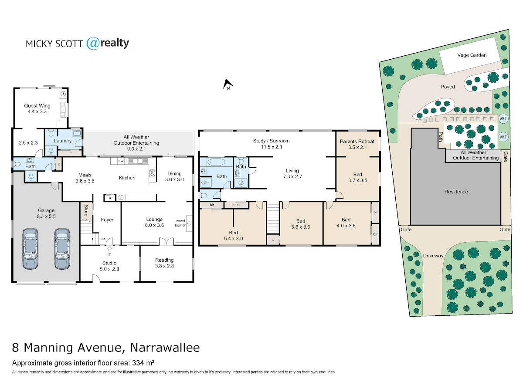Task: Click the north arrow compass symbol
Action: (x=228, y=84)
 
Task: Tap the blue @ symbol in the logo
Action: (x=92, y=43)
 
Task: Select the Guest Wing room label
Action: (x=37, y=106)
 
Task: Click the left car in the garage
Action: (x=30, y=249)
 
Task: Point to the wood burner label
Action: (x=180, y=223)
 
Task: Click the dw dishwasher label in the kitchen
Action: (x=121, y=161)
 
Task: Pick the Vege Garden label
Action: (x=472, y=55)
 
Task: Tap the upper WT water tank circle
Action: (x=503, y=118)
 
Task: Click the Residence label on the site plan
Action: (x=456, y=192)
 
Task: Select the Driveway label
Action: (x=433, y=256)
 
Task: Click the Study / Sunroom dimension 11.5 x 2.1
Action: (x=272, y=147)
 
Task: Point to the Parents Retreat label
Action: (x=357, y=142)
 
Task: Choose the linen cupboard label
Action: (x=235, y=205)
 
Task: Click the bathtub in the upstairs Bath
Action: (x=216, y=162)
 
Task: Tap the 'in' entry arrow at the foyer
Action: (x=109, y=249)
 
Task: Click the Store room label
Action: (x=86, y=211)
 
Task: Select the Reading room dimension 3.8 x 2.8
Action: (x=164, y=266)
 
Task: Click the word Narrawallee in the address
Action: (x=165, y=348)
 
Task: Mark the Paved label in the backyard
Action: (x=448, y=87)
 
